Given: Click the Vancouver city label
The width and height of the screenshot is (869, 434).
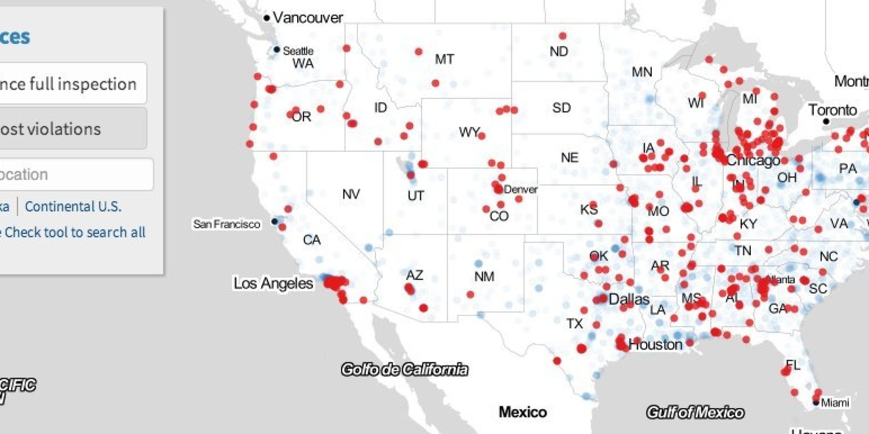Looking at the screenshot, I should pos(308,18).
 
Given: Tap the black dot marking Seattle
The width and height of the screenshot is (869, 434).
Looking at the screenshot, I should pos(276,49).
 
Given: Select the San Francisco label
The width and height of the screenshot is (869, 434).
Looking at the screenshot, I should pos(226,224).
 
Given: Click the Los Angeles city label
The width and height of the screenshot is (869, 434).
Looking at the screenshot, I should pos(273,283).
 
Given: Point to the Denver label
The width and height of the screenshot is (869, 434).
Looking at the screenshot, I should pos(521,189).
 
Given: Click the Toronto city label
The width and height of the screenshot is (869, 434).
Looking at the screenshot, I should pos(833,110).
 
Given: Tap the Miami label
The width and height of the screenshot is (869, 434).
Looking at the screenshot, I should pos(835,403).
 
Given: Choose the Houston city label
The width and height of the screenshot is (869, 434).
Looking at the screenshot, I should pos(655,345).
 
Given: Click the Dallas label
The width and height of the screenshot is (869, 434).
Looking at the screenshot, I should pos(629,299).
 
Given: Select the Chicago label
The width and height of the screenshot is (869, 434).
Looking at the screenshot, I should pos(753,161).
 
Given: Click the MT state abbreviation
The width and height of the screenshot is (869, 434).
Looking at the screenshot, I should pos(444,59).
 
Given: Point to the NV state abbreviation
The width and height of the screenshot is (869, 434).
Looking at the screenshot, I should pos(351,194).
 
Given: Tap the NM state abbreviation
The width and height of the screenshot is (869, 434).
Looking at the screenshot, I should pos(484,276).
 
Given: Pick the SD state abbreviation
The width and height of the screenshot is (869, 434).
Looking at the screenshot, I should pos(561,108).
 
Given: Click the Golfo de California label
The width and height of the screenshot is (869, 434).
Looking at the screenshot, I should pos(405,369).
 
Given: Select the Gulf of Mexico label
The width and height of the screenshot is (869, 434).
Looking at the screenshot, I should pos(695,412).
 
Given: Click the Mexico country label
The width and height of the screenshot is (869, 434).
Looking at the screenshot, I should pos(523,412).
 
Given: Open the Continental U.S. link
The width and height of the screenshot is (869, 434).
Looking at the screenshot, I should pos(73,206).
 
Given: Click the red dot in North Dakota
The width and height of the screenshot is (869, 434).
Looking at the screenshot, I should pos(563,36).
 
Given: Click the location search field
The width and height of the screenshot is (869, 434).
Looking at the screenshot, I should pos(74,174).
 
